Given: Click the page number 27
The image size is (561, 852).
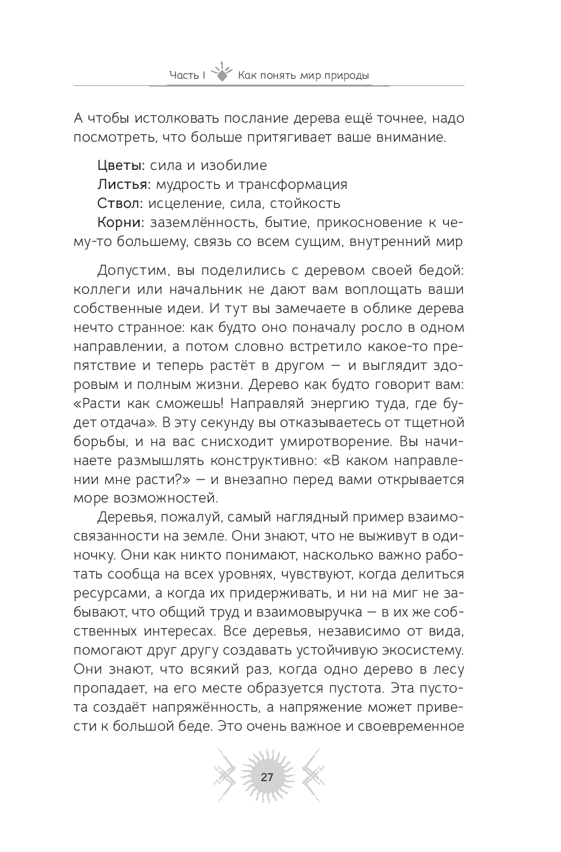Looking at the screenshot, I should [267, 778].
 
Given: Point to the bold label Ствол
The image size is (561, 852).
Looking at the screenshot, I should [117, 203].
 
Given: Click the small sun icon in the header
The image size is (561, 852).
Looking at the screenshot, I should [223, 71].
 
